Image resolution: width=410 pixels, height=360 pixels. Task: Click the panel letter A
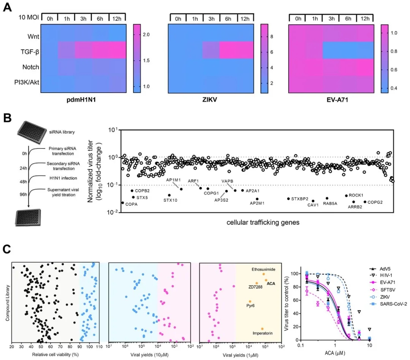point(8,8)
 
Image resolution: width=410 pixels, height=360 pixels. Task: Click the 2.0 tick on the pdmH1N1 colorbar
point(146,35)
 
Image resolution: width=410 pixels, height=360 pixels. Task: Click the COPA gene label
point(131,204)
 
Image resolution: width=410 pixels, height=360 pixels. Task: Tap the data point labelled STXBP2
point(288,199)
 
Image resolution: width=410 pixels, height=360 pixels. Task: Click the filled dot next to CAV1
point(313,201)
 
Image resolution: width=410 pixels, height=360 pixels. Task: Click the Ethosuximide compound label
point(263,269)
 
